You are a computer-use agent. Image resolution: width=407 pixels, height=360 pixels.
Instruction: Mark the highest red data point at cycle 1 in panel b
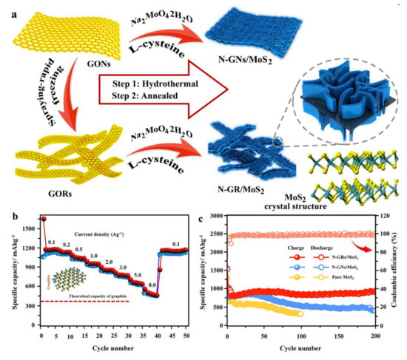(44, 219)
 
